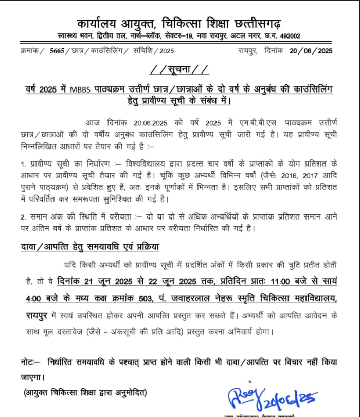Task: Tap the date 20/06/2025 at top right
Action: pyautogui.click(x=311, y=50)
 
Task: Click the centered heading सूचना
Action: pyautogui.click(x=179, y=69)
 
